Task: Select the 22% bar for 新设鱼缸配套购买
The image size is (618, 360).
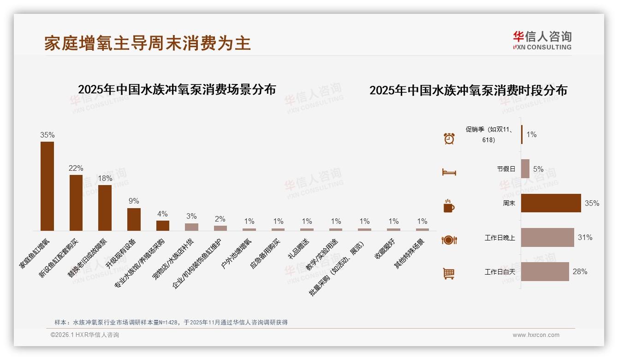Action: (x=76, y=203)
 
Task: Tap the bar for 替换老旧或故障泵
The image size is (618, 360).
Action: (x=105, y=208)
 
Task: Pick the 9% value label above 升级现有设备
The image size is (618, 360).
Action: (x=134, y=201)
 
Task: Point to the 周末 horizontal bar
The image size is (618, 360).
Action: (x=551, y=203)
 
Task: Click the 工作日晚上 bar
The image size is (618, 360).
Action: (x=547, y=237)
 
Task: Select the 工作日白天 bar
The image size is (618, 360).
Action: (x=545, y=271)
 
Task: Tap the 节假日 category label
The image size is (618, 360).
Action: (x=506, y=169)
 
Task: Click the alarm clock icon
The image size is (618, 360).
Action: (x=449, y=138)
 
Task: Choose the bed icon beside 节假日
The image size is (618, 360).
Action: (x=449, y=172)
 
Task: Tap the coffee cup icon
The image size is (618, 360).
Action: (x=449, y=206)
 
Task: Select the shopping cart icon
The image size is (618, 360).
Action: (x=449, y=274)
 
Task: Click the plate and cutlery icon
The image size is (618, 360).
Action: (x=449, y=240)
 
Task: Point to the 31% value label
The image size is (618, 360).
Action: (x=585, y=237)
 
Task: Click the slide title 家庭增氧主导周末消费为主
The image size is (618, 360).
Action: (x=148, y=43)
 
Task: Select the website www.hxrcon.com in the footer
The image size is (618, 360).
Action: (x=535, y=335)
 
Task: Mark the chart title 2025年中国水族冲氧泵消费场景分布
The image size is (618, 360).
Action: (x=177, y=90)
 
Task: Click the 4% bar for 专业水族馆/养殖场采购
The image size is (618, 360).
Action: (x=163, y=226)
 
